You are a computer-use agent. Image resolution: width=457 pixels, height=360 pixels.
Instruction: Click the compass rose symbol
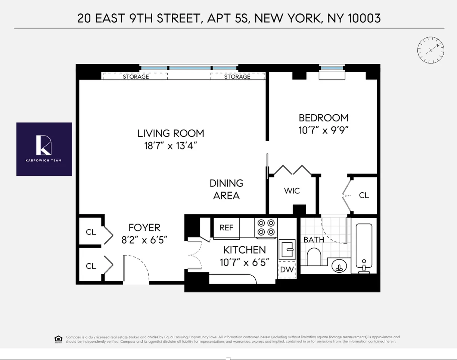pyautogui.click(x=430, y=50)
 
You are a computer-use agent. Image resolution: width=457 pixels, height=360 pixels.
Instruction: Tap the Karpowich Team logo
pyautogui.click(x=44, y=149)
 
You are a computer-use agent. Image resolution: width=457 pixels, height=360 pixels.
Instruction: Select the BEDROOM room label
pyautogui.click(x=323, y=118)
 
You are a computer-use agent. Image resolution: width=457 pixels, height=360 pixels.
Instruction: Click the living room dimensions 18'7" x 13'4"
pyautogui.click(x=171, y=146)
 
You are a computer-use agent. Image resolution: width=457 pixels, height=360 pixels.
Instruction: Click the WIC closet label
pyautogui.click(x=292, y=191)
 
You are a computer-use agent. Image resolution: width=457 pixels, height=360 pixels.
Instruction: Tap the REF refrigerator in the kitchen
pyautogui.click(x=226, y=227)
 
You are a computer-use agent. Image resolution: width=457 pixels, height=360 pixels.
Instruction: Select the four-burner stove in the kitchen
pyautogui.click(x=266, y=227)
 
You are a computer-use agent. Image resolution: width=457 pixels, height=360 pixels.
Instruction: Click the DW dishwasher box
pyautogui.click(x=287, y=269)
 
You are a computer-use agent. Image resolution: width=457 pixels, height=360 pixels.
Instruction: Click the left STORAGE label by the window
pyautogui.click(x=136, y=77)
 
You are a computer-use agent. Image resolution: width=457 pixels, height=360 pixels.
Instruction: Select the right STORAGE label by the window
pyautogui.click(x=237, y=77)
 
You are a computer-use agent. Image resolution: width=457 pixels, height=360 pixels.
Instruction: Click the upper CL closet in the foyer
pyautogui.click(x=91, y=232)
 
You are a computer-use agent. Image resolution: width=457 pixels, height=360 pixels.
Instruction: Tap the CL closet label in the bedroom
pyautogui.click(x=364, y=195)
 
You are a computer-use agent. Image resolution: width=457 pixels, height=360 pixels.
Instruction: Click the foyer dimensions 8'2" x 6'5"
pyautogui.click(x=144, y=240)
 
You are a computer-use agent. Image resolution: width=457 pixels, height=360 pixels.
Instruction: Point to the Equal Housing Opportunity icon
pyautogui.click(x=58, y=339)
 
